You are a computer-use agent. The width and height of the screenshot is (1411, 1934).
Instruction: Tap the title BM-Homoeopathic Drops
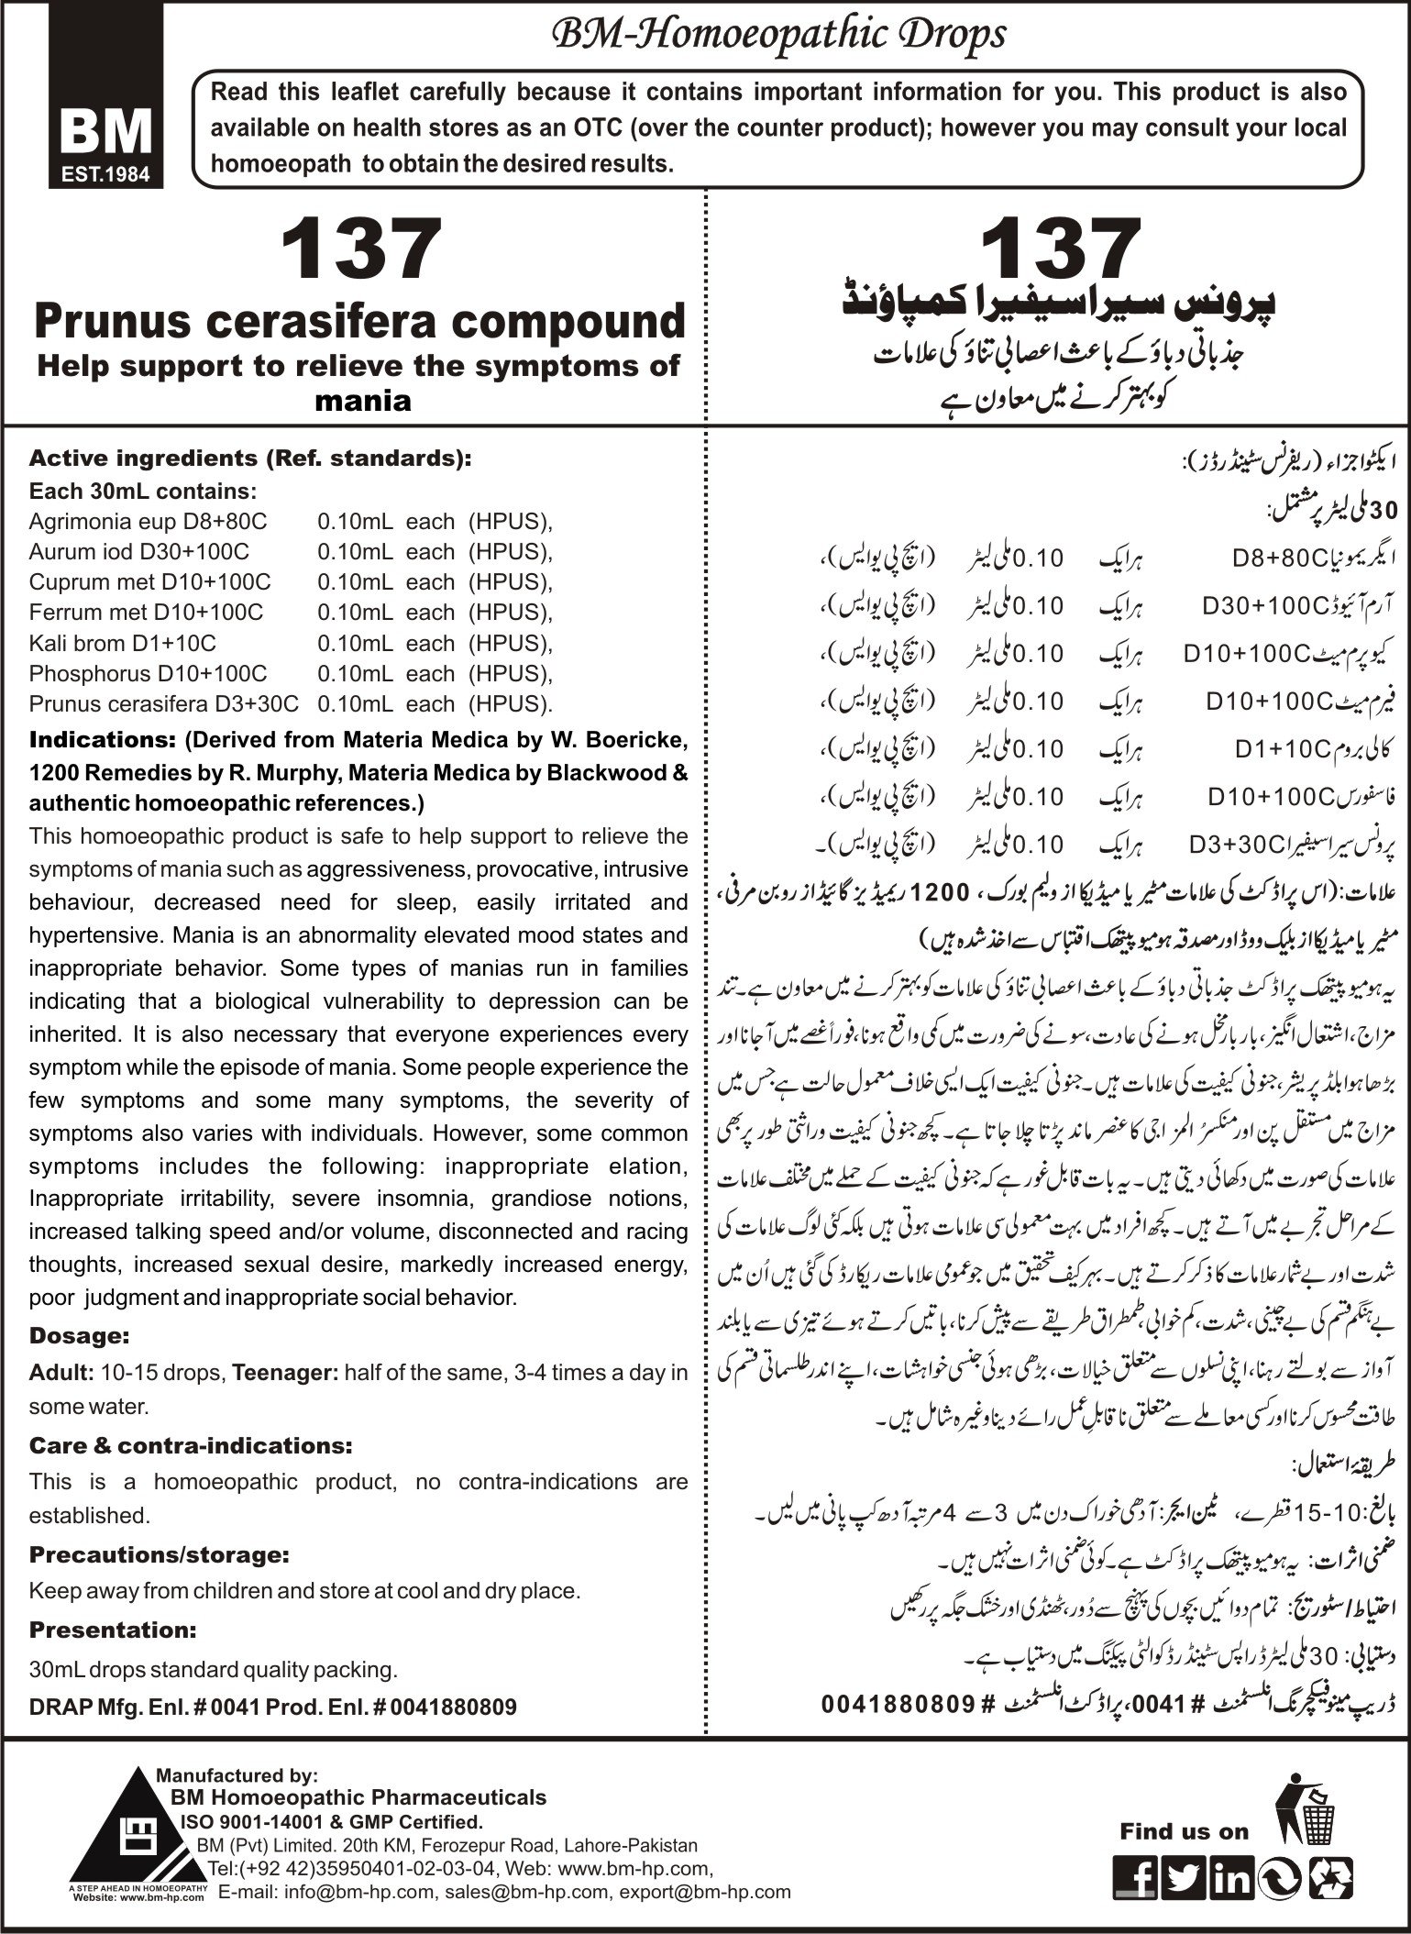(x=777, y=34)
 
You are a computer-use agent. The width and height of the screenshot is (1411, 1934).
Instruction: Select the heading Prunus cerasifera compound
(x=359, y=322)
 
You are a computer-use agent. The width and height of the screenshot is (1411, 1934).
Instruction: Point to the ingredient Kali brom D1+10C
(x=123, y=643)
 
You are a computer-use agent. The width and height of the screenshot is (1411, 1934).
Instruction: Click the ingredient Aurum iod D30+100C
(x=138, y=552)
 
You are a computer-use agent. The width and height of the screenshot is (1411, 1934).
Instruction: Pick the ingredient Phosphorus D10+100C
(x=148, y=673)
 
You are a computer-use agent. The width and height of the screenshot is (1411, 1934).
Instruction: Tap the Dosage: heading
(x=79, y=1335)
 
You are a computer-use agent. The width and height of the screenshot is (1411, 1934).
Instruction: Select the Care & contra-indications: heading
(x=191, y=1445)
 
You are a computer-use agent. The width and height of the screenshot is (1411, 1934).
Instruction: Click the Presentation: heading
(x=113, y=1630)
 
